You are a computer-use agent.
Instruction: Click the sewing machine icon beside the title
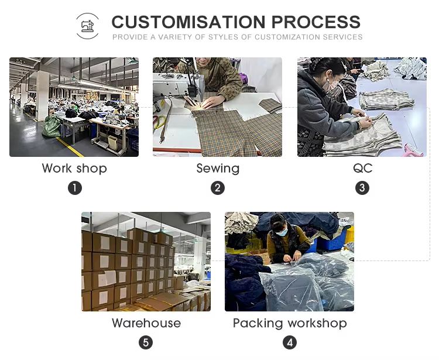(x=87, y=26)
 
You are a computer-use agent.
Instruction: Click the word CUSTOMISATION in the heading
(x=188, y=22)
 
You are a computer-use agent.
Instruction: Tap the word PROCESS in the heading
(x=316, y=22)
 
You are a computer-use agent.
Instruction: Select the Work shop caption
(x=74, y=168)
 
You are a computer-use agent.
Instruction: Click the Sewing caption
(x=218, y=169)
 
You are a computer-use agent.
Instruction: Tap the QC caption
(x=362, y=168)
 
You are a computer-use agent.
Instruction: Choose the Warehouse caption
(x=146, y=323)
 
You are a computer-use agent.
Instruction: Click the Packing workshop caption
(x=290, y=323)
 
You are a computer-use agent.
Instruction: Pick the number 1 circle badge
(x=75, y=188)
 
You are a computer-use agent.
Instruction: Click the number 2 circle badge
(x=218, y=188)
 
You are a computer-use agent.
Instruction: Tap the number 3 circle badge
(x=362, y=188)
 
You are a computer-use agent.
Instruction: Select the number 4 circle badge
(x=290, y=342)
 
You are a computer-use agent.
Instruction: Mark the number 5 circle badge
(x=146, y=342)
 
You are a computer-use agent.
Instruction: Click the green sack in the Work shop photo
(x=52, y=126)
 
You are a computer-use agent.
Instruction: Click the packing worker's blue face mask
(x=282, y=232)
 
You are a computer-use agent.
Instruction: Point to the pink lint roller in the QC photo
(x=413, y=150)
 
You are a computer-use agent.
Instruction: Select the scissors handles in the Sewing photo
(x=159, y=122)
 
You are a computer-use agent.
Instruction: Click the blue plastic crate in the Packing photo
(x=331, y=243)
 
